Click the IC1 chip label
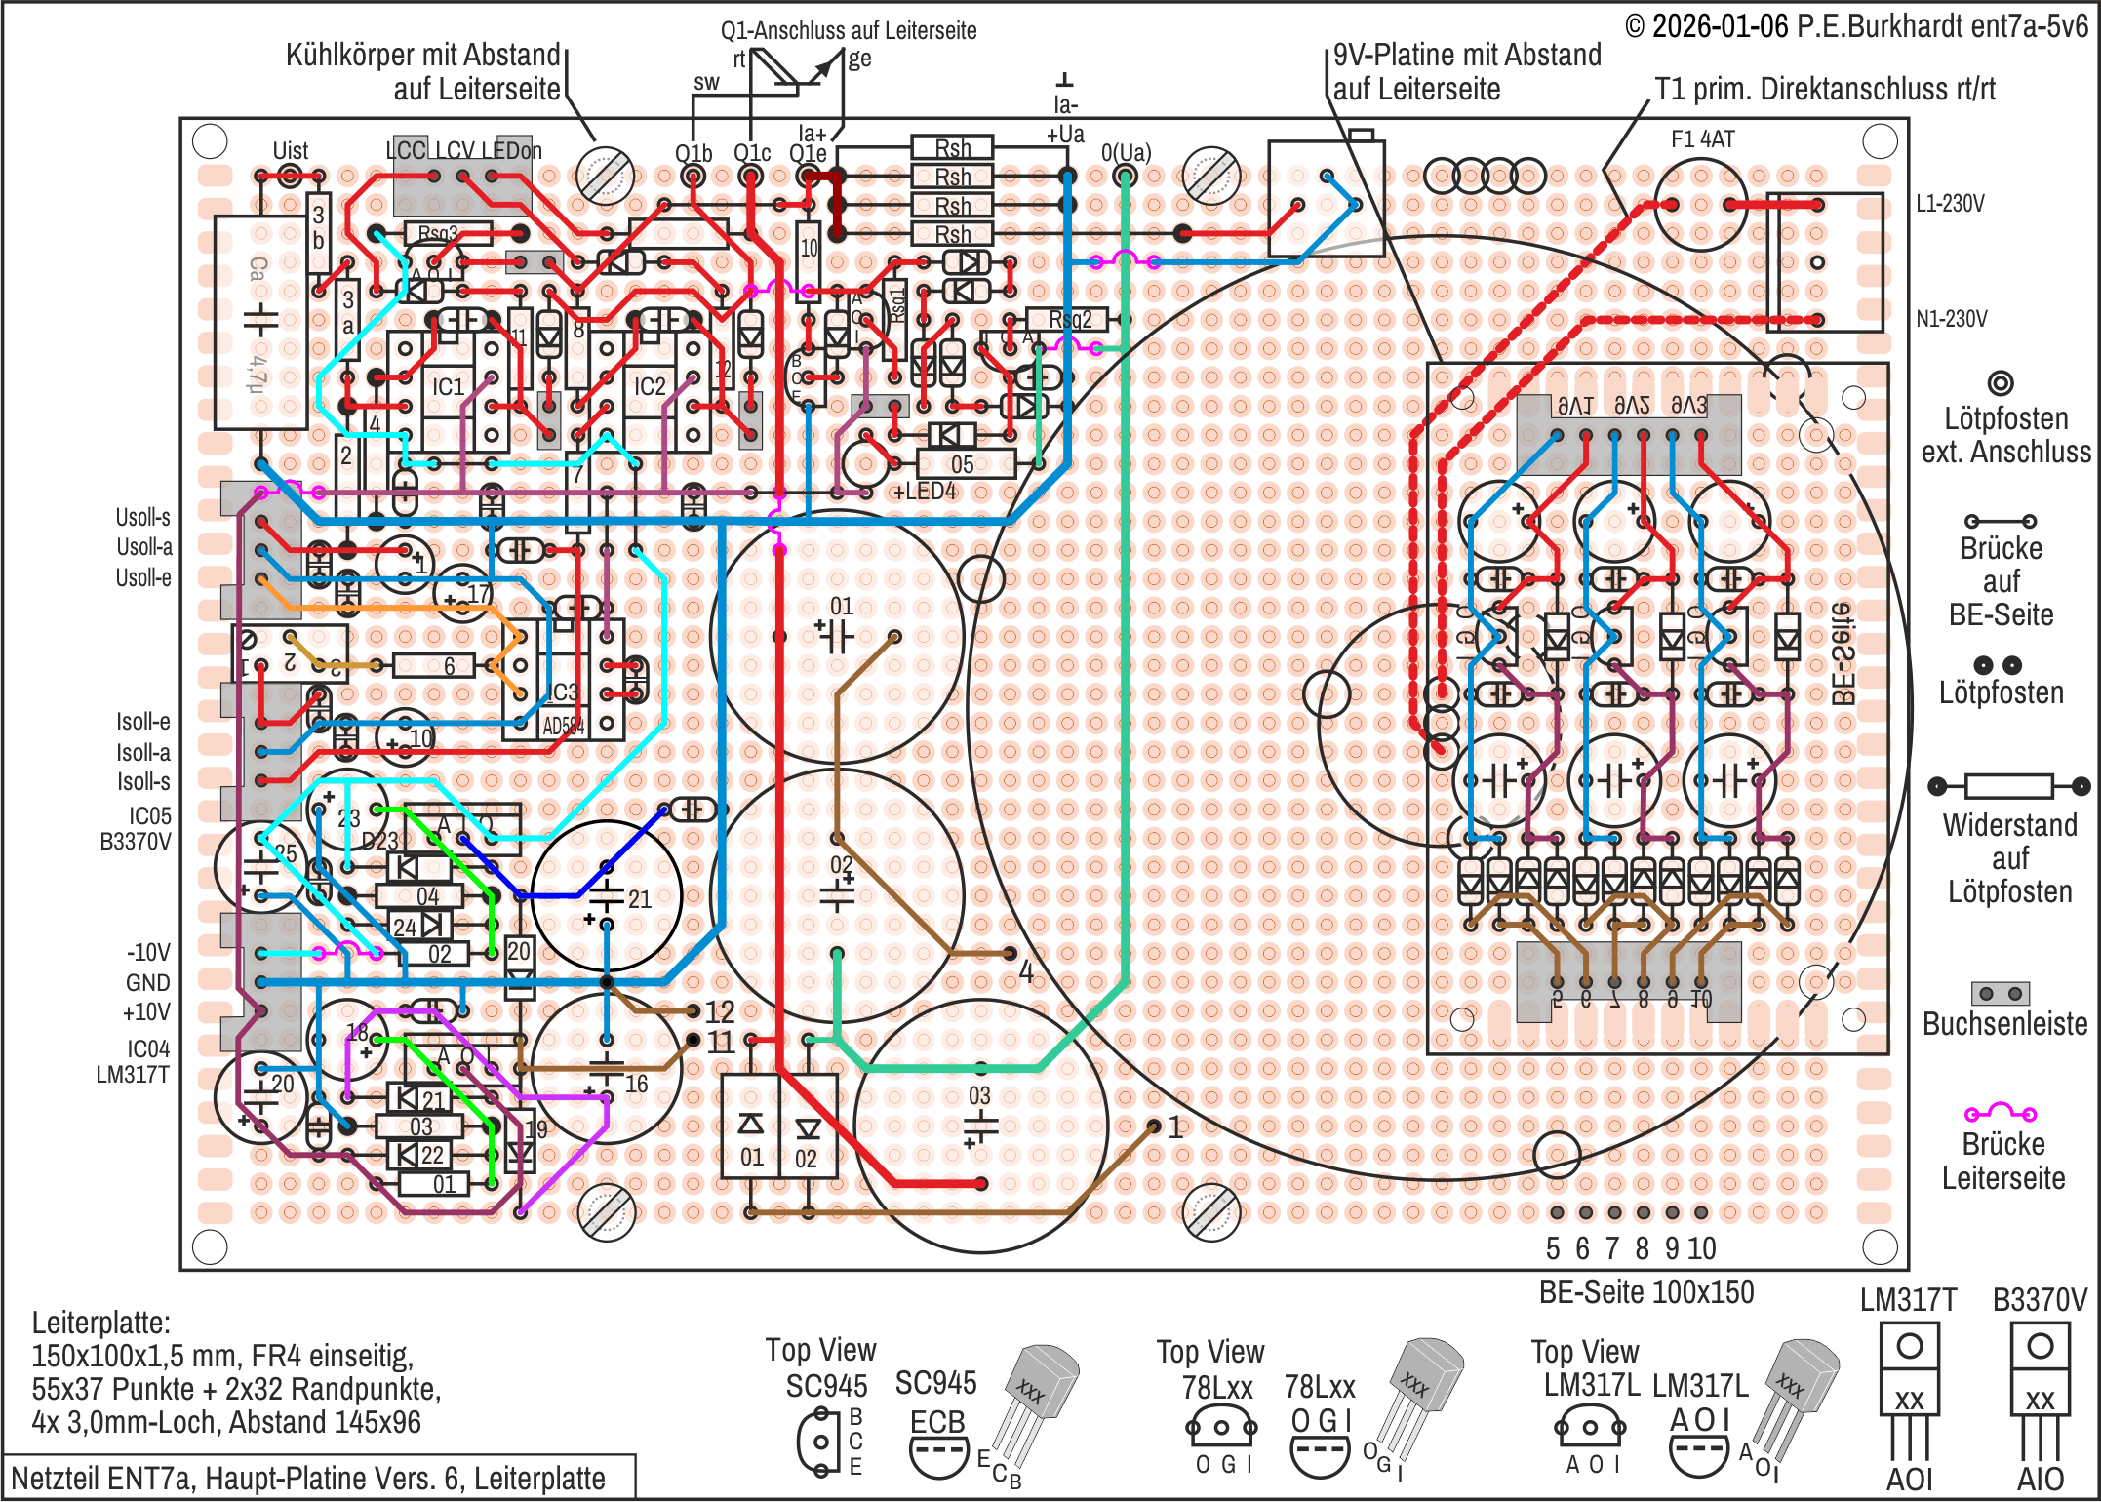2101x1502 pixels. (448, 387)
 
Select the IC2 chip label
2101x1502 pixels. (650, 387)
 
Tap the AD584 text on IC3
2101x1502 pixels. (563, 727)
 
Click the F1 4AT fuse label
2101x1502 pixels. (1702, 139)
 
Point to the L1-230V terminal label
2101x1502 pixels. (1950, 204)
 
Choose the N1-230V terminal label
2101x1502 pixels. (1951, 319)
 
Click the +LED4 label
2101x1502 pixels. (925, 492)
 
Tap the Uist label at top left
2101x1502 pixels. (290, 151)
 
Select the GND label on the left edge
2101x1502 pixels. (147, 983)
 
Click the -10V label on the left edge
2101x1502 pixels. (148, 953)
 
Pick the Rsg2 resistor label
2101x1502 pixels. (1070, 320)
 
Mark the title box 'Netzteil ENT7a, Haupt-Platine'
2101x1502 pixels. (308, 1479)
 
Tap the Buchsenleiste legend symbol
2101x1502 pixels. (2001, 994)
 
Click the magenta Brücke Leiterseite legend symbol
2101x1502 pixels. (2001, 1113)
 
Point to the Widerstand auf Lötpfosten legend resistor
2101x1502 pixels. (2008, 786)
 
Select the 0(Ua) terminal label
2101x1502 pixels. (1126, 153)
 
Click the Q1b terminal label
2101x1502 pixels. (694, 153)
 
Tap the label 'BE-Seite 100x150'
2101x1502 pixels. (1645, 1292)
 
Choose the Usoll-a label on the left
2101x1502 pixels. (143, 548)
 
